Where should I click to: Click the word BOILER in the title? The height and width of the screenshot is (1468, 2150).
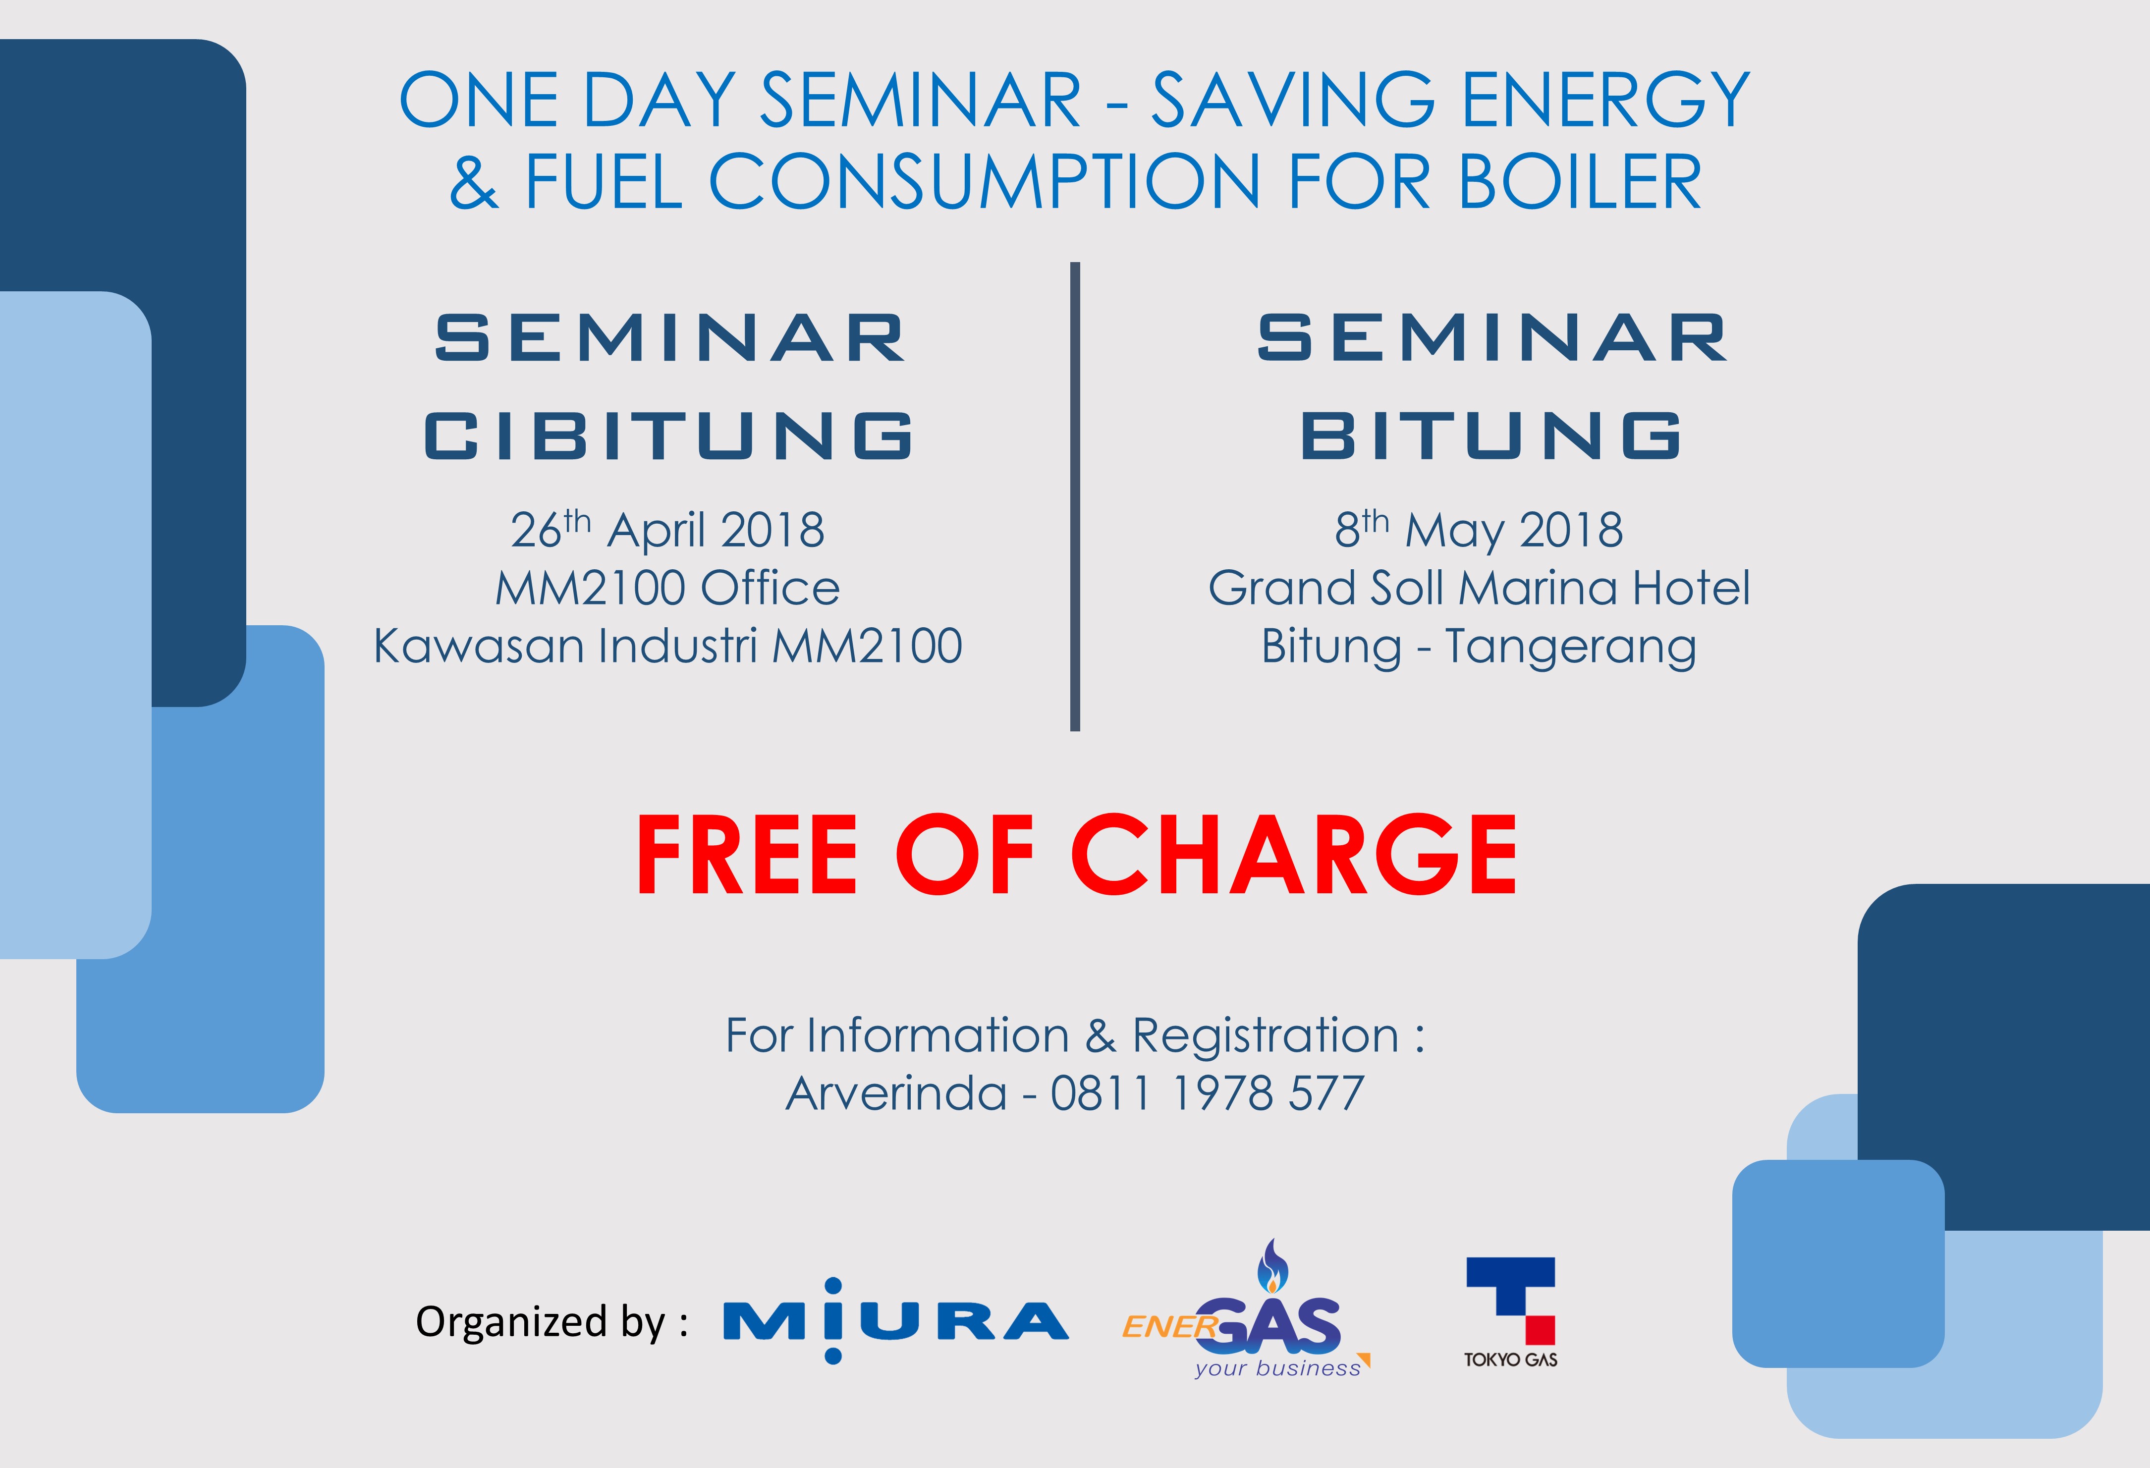click(1580, 181)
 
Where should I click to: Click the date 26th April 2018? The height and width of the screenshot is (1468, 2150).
click(667, 529)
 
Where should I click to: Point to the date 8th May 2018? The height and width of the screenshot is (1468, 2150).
click(1479, 529)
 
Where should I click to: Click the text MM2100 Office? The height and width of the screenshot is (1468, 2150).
click(667, 588)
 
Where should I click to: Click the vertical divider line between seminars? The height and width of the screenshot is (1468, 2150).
click(1075, 497)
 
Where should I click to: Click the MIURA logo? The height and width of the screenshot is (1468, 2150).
click(895, 1321)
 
